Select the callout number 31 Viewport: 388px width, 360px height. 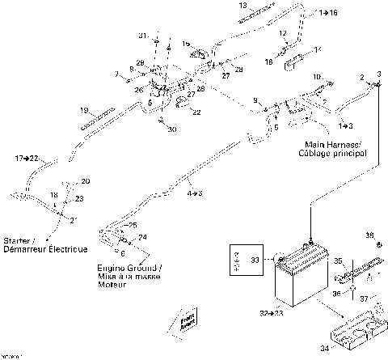(x=143, y=36)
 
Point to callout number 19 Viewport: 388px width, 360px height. (x=84, y=110)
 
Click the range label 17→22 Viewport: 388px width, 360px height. (x=27, y=159)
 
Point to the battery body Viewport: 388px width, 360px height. (x=299, y=283)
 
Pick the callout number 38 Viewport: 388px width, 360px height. (x=369, y=235)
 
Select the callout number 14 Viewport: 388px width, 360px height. (x=317, y=49)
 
